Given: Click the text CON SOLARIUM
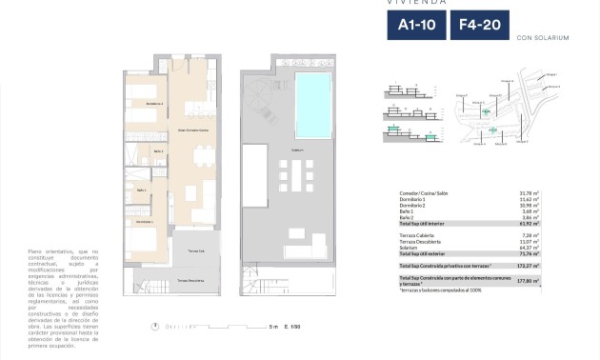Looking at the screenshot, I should click(x=541, y=38).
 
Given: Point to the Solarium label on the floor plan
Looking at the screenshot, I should click(x=297, y=150).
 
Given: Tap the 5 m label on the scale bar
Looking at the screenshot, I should click(x=273, y=327).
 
